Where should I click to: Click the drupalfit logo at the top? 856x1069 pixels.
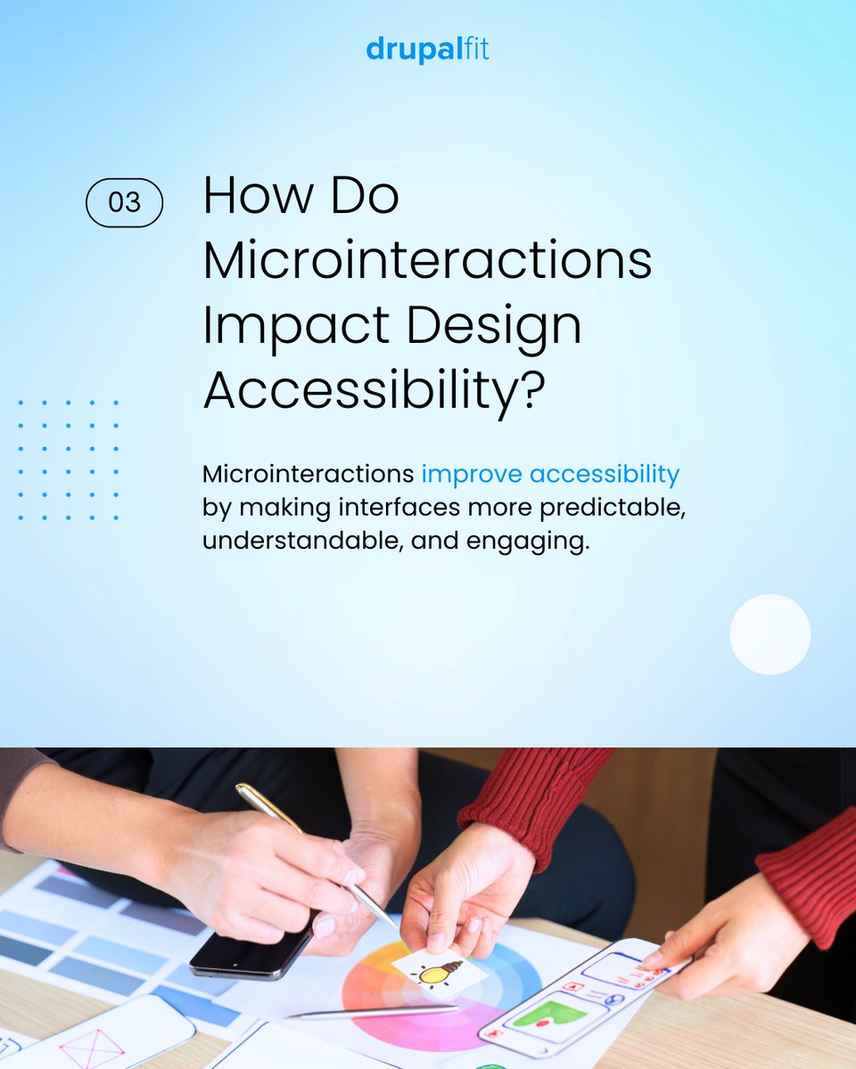click(427, 50)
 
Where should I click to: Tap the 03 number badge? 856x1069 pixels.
click(124, 202)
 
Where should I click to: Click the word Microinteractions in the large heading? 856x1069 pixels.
click(427, 260)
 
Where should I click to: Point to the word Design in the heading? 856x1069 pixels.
click(487, 326)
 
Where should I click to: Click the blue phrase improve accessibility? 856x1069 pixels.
click(550, 474)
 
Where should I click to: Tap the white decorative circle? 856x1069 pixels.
click(770, 634)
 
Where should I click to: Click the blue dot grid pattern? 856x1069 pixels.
click(68, 460)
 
